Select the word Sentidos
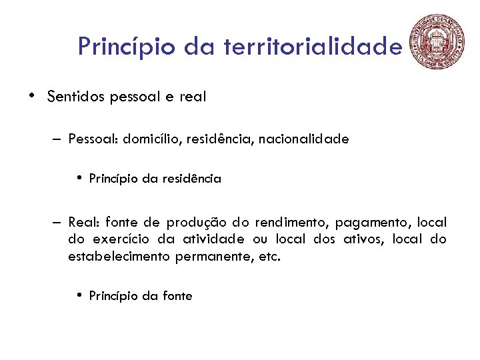[76, 97]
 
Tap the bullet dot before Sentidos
[31, 95]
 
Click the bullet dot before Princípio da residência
[79, 178]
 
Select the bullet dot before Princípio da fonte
[79, 295]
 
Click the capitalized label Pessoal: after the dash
[93, 139]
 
